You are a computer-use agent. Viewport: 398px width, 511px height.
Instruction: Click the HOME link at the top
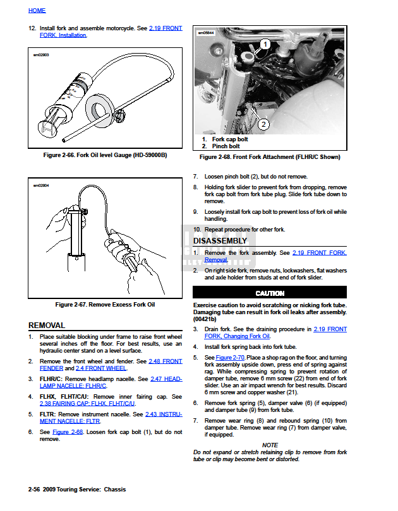[37, 10]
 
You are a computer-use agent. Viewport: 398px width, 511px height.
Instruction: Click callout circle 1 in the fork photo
[265, 44]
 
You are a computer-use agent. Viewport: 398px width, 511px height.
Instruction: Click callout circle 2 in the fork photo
[263, 125]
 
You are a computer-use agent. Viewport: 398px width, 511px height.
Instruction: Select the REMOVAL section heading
[47, 326]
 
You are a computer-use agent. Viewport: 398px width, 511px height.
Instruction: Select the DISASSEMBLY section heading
[220, 241]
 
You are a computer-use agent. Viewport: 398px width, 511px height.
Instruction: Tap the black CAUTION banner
[270, 293]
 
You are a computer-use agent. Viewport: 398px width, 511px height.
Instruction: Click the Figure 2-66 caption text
[105, 155]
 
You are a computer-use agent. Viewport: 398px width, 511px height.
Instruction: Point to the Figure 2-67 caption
[105, 305]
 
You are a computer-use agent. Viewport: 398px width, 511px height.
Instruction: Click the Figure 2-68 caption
[270, 157]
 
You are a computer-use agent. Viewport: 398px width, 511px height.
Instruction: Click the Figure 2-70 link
[230, 358]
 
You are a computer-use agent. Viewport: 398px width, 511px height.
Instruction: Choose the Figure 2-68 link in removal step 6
[68, 432]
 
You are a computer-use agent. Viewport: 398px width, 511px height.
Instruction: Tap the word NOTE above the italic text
[270, 445]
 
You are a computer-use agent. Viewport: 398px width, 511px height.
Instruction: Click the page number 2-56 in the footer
[35, 490]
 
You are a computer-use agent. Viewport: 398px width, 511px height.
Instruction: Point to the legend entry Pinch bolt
[226, 146]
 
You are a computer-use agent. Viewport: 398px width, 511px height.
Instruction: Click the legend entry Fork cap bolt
[230, 139]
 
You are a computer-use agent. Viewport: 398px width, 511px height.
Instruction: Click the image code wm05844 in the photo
[207, 32]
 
